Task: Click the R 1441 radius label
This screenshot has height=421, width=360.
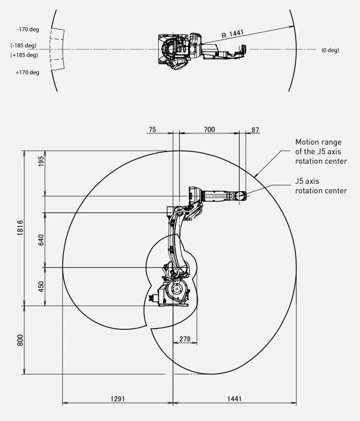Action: (x=233, y=34)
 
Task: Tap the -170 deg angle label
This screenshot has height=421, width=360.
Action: (x=28, y=29)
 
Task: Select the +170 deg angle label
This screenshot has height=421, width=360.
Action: (x=27, y=72)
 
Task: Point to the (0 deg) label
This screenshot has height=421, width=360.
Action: (x=330, y=50)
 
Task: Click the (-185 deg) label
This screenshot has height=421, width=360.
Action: (x=23, y=45)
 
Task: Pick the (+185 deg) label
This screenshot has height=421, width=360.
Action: (x=24, y=55)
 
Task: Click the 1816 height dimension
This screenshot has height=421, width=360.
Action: (x=20, y=228)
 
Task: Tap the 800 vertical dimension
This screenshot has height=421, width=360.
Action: (x=20, y=340)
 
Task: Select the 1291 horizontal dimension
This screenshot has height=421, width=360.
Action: (x=118, y=399)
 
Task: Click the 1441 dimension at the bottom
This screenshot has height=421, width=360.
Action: (x=234, y=399)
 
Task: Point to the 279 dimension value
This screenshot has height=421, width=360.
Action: (x=185, y=339)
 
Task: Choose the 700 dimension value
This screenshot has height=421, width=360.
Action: (x=209, y=129)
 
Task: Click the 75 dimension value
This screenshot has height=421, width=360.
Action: (x=152, y=129)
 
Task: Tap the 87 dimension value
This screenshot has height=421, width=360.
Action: (x=255, y=130)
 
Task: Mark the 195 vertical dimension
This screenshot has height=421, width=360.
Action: (x=41, y=161)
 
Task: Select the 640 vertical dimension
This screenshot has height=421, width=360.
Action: (x=41, y=240)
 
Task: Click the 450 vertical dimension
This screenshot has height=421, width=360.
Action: (x=41, y=286)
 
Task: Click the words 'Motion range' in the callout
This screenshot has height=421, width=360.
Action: (x=318, y=142)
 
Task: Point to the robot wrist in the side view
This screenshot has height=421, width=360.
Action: (x=240, y=196)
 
